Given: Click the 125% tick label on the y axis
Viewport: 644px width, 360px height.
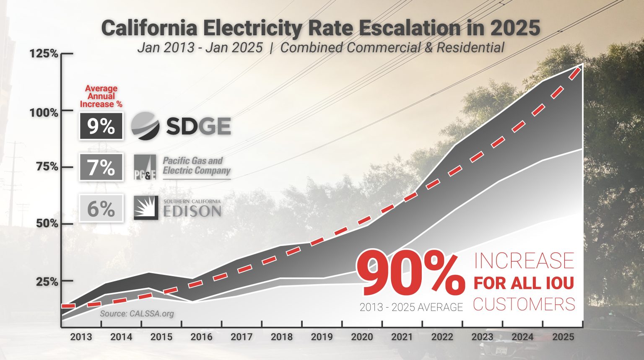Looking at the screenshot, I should (x=43, y=54).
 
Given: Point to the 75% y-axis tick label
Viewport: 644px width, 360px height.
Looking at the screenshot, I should (x=47, y=167).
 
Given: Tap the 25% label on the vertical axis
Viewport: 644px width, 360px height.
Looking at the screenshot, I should (x=47, y=282).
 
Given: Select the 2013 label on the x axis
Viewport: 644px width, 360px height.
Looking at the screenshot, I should (x=81, y=337).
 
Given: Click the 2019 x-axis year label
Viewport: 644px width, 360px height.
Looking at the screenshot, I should (x=322, y=337).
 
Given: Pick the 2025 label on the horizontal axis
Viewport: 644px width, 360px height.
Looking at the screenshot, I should (x=563, y=337).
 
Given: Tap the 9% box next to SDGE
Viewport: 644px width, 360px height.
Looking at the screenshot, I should (x=101, y=126).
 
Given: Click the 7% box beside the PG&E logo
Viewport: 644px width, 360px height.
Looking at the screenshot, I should (x=101, y=167).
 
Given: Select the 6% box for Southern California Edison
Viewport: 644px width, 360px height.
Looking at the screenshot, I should (x=101, y=208).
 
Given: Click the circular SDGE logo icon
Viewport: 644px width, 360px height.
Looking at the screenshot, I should (x=145, y=126).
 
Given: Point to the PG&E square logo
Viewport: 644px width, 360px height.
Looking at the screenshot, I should (x=145, y=167).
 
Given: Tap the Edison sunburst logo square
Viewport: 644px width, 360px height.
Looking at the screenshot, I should (x=145, y=208).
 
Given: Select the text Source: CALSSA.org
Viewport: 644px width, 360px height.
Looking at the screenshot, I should (x=137, y=313).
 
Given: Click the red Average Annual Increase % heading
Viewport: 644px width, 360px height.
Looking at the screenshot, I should (x=101, y=96).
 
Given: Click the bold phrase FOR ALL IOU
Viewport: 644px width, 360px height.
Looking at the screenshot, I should (x=524, y=283).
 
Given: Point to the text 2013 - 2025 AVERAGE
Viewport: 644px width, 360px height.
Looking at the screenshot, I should (x=411, y=308).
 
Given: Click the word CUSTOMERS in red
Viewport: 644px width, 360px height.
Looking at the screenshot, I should (x=524, y=304).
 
